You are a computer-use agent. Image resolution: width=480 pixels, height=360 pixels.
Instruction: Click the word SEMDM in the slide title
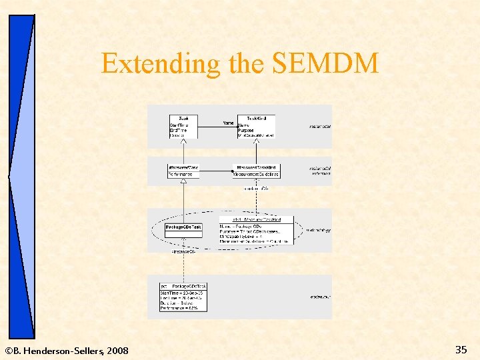pyautogui.click(x=325, y=64)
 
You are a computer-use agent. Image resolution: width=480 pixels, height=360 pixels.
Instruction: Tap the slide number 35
pyautogui.click(x=461, y=349)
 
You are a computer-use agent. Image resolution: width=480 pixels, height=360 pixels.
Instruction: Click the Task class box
pyautogui.click(x=183, y=127)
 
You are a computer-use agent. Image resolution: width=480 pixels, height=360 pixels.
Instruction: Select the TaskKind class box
pyautogui.click(x=257, y=127)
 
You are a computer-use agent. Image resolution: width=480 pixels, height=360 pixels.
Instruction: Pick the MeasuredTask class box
pyautogui.click(x=183, y=171)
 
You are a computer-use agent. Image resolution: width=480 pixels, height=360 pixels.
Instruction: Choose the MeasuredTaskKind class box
pyautogui.click(x=257, y=171)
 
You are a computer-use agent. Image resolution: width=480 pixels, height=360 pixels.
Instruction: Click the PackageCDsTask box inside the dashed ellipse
pyautogui.click(x=183, y=227)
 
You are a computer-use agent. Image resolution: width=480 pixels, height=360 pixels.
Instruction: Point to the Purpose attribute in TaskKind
pyautogui.click(x=246, y=130)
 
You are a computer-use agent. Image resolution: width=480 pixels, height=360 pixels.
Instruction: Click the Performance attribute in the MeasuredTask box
pyautogui.click(x=181, y=175)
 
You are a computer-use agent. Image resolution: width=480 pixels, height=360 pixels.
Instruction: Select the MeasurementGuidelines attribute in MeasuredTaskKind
pyautogui.click(x=257, y=175)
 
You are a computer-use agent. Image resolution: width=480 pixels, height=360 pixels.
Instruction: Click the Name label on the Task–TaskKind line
pyautogui.click(x=229, y=123)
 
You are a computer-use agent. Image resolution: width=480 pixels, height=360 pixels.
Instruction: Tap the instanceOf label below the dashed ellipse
pyautogui.click(x=183, y=251)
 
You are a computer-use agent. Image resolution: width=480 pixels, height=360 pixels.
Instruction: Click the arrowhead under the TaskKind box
pyautogui.click(x=257, y=141)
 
